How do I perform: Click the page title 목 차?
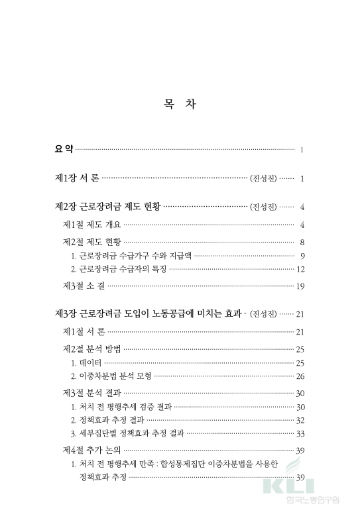point(179,105)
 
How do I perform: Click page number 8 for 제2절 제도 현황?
point(302,242)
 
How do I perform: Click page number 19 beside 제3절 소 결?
point(300,287)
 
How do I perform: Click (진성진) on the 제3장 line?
point(263,314)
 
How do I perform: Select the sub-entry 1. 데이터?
point(86,363)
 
